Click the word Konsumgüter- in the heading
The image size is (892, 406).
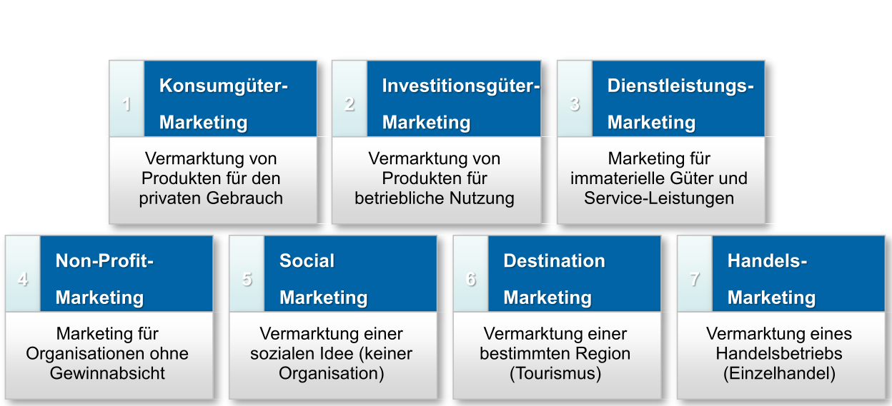coord(224,86)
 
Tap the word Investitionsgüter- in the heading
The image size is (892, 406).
coord(460,86)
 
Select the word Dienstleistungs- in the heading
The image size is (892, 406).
coord(680,86)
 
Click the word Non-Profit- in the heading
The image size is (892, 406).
coord(104,261)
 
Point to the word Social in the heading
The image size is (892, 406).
coord(307,261)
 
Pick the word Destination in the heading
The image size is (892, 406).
coord(554,261)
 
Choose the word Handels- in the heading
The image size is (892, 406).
coord(767,261)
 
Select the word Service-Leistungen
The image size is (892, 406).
coord(659,198)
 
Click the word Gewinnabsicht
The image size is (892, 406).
coord(107,373)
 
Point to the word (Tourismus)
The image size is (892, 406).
coord(555,373)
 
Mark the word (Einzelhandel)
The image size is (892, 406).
coord(779,373)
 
